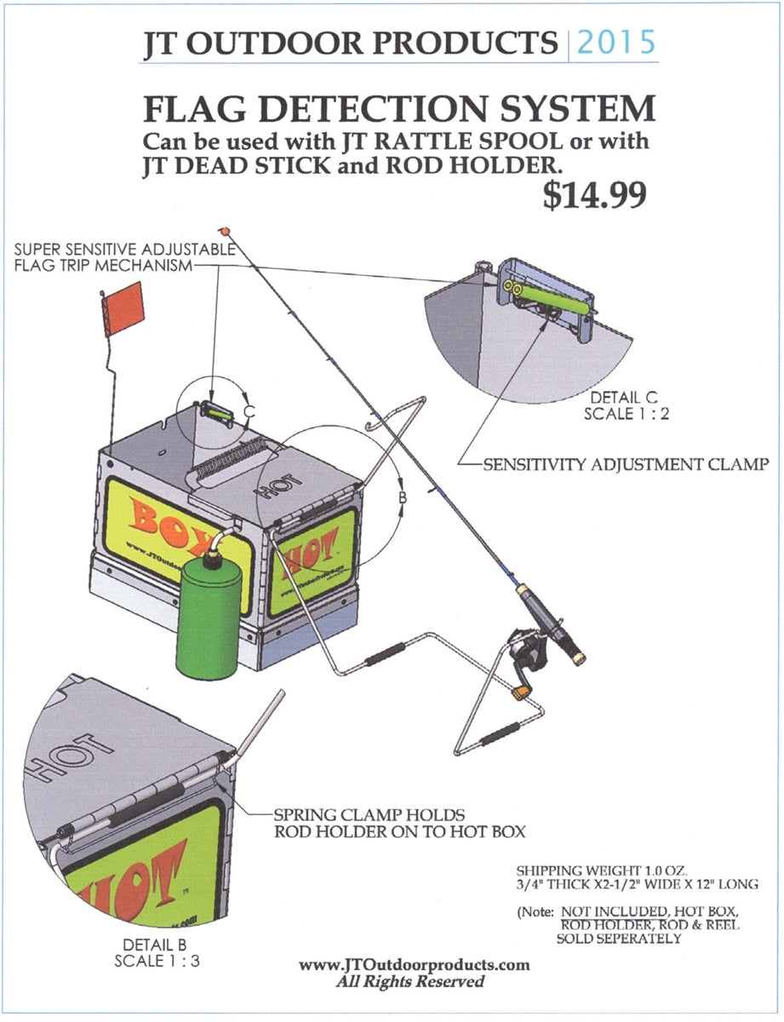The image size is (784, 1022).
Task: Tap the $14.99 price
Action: coord(594,195)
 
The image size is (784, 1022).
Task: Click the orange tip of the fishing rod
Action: coord(226,231)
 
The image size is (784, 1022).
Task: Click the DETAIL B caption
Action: coord(148,944)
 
